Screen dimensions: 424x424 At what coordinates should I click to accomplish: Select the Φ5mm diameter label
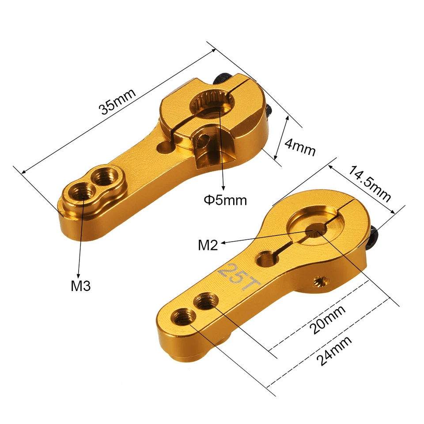pyautogui.click(x=225, y=200)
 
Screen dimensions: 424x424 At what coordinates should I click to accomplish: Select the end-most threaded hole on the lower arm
pyautogui.click(x=182, y=316)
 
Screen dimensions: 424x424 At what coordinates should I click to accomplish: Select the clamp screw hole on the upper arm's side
pyautogui.click(x=203, y=140)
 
